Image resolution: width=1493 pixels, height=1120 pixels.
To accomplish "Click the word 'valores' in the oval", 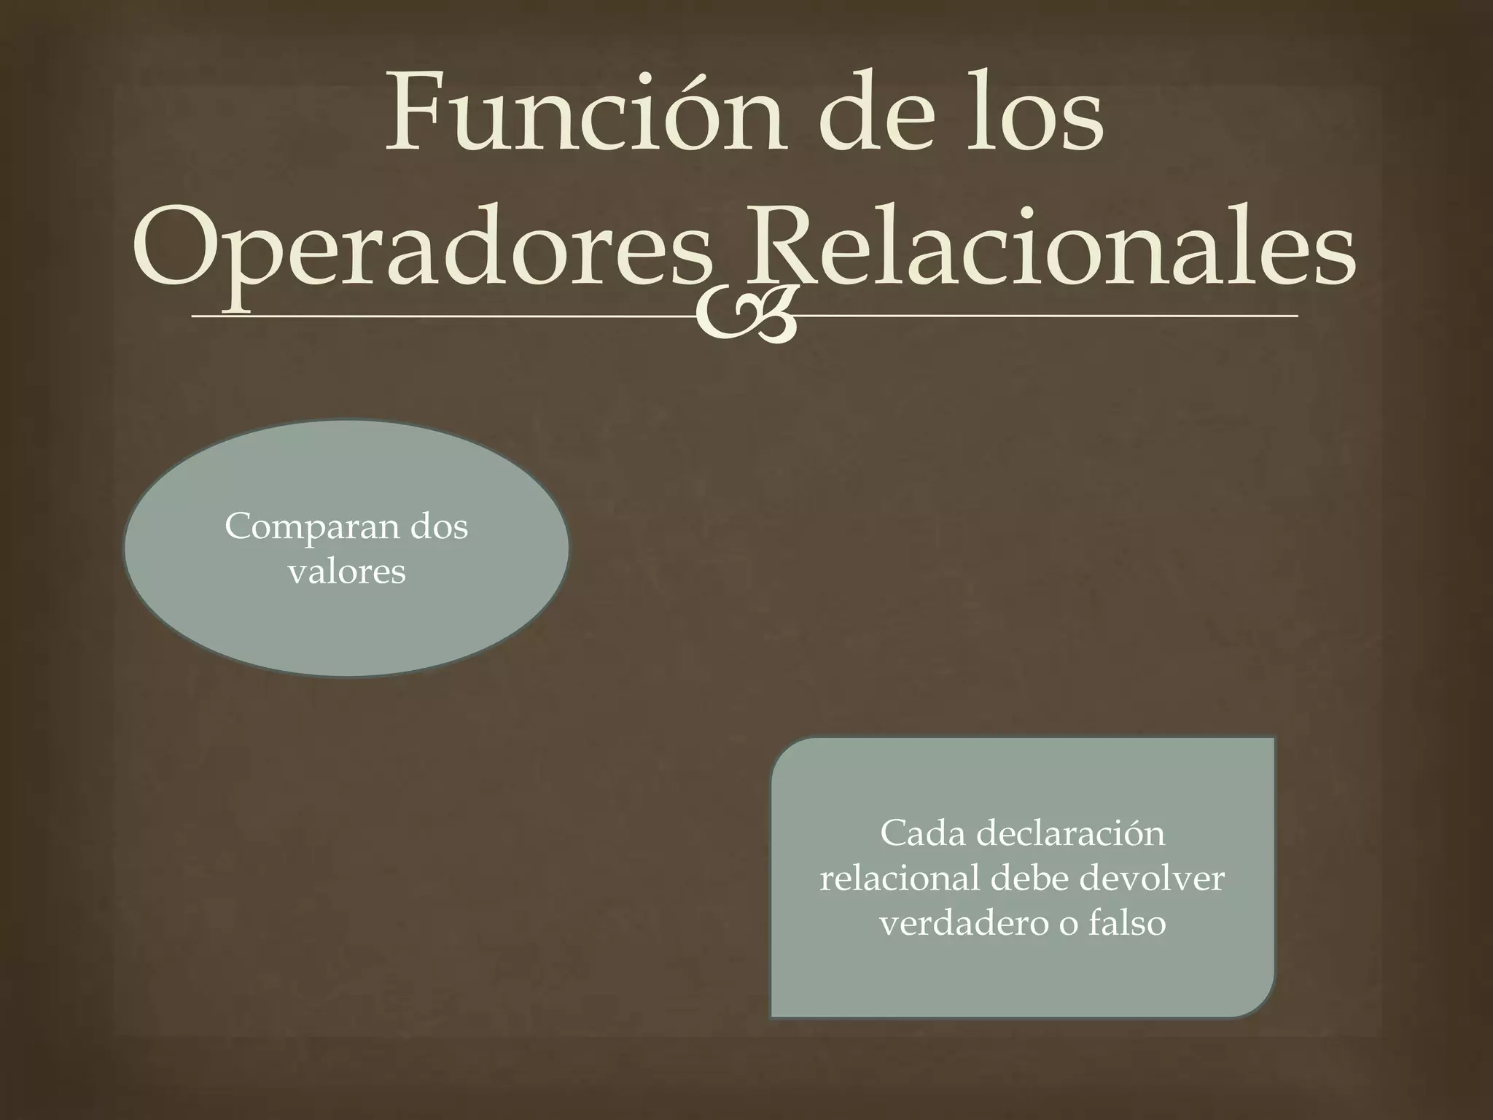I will pos(347,572).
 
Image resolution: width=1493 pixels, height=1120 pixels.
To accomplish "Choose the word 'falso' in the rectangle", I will pos(1127,924).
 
